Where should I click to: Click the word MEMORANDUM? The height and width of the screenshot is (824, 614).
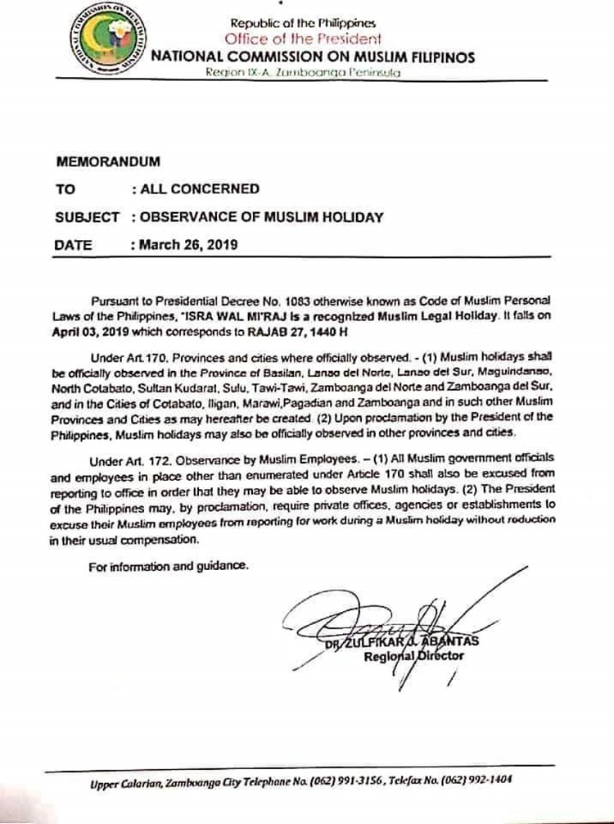coord(107,161)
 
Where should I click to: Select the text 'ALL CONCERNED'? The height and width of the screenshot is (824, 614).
coord(199,188)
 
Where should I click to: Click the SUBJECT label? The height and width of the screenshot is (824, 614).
coord(87,217)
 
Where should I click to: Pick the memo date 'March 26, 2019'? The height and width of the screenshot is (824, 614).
coord(187,245)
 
